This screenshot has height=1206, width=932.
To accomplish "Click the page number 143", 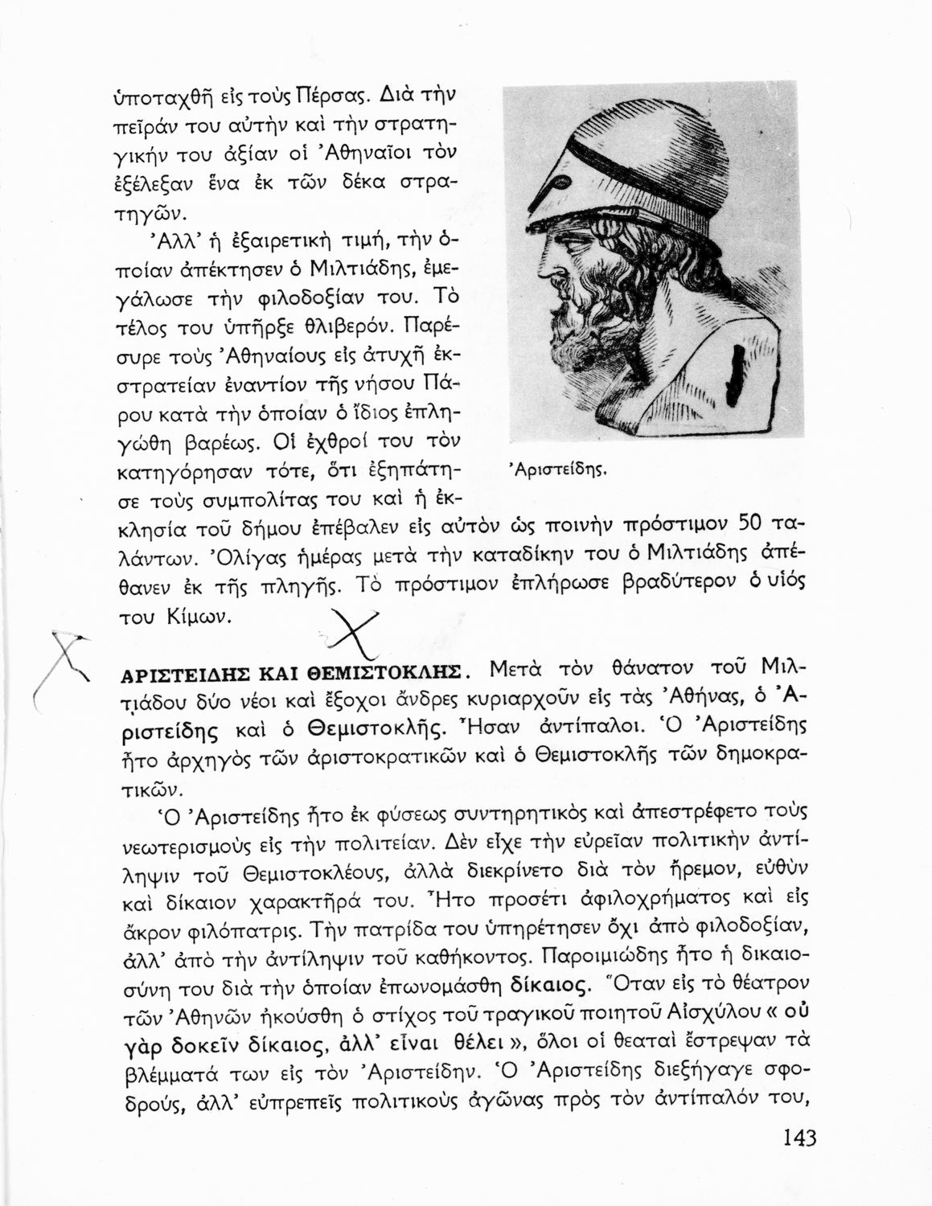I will [x=798, y=1138].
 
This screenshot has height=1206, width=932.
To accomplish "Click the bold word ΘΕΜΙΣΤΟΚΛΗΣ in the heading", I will [x=385, y=673].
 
